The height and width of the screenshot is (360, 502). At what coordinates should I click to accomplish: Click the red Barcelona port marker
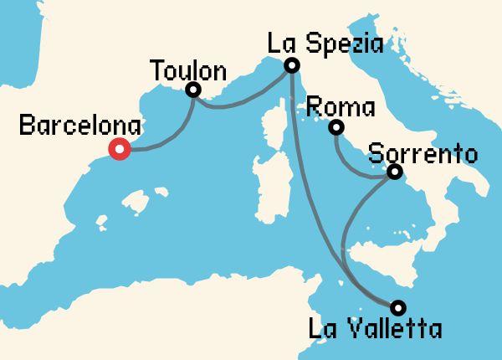coord(120,150)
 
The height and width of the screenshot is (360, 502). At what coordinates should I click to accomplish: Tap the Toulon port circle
coord(194,90)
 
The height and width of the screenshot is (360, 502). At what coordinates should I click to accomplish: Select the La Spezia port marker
coord(291,65)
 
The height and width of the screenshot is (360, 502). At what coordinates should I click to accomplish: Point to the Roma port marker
coord(336,128)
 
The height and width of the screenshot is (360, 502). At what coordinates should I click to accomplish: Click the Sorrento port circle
coord(394,172)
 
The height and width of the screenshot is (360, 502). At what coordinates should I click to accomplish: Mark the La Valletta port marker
coord(397,306)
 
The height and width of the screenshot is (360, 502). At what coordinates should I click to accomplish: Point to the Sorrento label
coord(423,154)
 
